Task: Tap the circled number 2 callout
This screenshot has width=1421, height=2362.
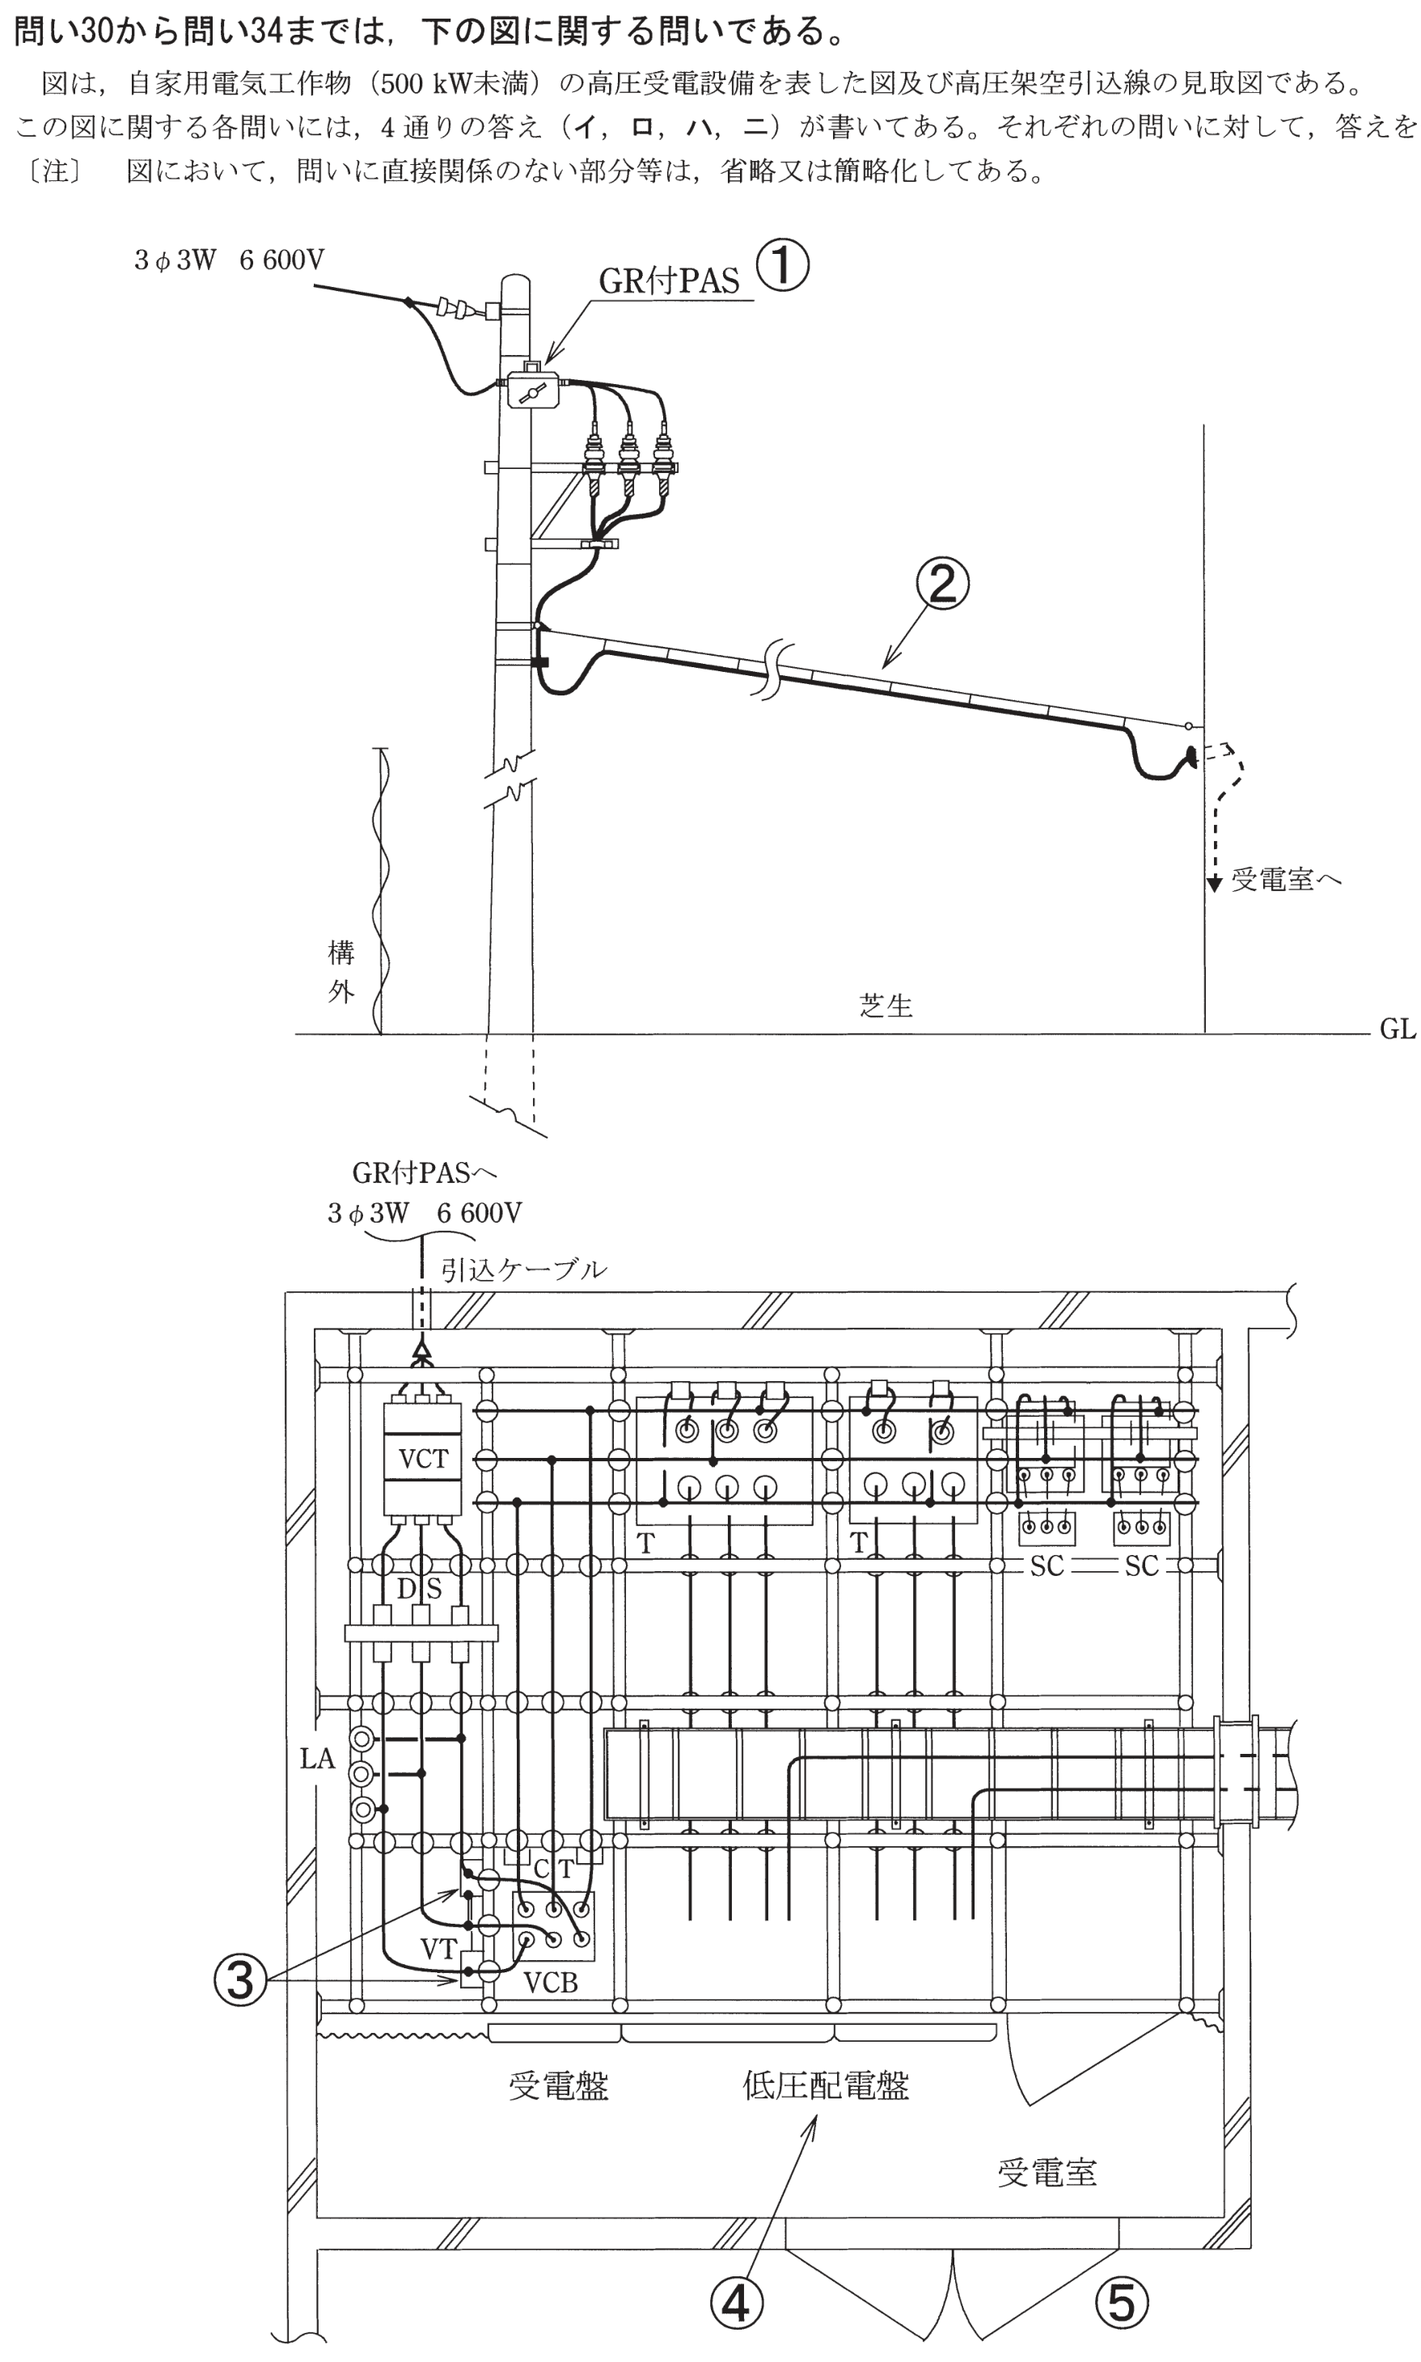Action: [x=943, y=583]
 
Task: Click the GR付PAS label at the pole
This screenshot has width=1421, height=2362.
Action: [x=670, y=281]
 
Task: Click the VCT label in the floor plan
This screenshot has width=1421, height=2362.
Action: [x=422, y=1458]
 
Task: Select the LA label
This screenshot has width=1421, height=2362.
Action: [x=318, y=1759]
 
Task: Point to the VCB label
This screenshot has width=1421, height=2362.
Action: [x=551, y=1984]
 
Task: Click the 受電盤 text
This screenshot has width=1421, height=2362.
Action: [x=558, y=2086]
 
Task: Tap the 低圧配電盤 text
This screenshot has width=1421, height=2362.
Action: [x=826, y=2085]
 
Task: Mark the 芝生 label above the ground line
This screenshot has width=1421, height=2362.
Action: [x=886, y=1005]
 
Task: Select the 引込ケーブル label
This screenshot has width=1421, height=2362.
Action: [x=524, y=1270]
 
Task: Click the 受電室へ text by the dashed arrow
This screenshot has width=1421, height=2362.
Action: [x=1286, y=879]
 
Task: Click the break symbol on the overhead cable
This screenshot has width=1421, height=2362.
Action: [x=774, y=670]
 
